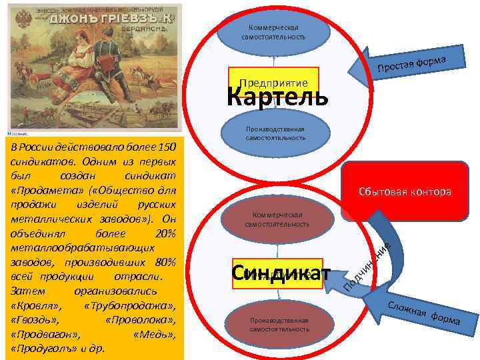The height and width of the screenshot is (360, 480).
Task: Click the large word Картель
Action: [x=277, y=98]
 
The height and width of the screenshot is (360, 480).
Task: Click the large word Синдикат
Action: [x=281, y=273]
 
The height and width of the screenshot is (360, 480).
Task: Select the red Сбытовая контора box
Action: [x=405, y=192]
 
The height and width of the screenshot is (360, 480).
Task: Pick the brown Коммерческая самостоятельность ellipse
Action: [x=277, y=219]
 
